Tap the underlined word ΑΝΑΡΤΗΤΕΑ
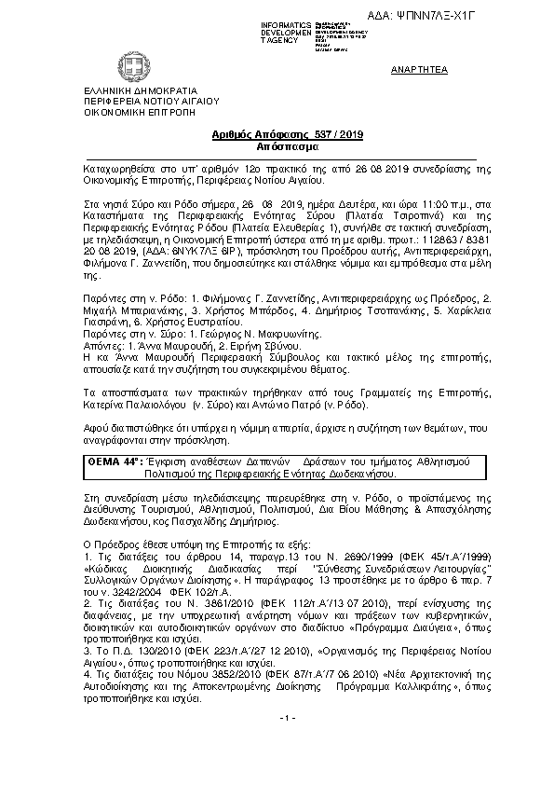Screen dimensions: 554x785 tap(419, 70)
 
